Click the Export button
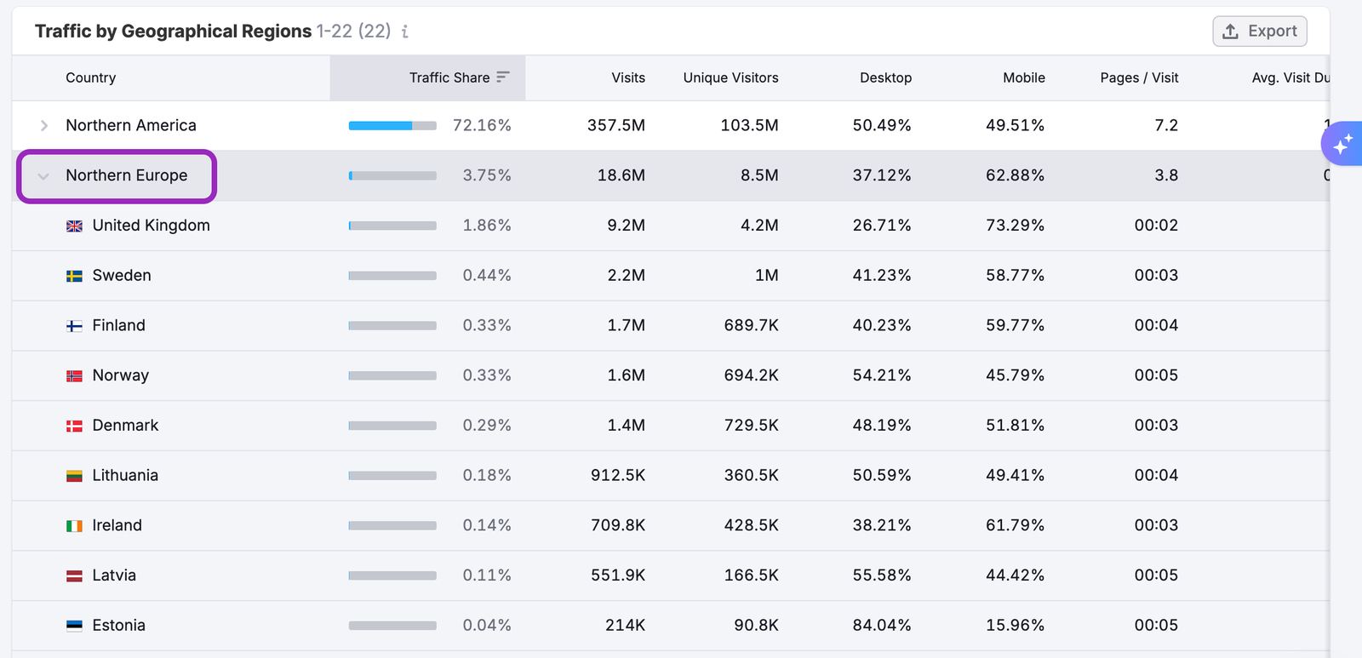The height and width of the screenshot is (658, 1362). [1260, 31]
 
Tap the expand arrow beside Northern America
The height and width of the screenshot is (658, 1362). [44, 126]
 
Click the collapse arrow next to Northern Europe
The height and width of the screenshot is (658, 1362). [43, 176]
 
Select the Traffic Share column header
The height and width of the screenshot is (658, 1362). [449, 77]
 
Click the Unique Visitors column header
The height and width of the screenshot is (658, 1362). [730, 77]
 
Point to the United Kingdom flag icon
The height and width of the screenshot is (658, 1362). [75, 226]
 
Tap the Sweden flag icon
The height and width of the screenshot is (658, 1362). [75, 276]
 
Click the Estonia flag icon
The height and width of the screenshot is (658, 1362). [75, 626]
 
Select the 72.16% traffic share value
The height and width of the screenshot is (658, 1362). [482, 125]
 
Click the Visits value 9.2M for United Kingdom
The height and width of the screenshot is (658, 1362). [626, 226]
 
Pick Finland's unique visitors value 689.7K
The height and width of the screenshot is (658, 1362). [751, 325]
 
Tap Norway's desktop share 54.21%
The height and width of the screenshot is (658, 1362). [882, 375]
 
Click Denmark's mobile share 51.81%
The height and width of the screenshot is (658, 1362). [1015, 426]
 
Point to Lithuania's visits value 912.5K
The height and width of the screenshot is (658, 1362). [618, 475]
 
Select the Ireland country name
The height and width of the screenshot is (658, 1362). [117, 525]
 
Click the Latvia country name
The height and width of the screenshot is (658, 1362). [114, 575]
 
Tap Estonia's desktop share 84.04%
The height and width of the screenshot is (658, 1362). [882, 626]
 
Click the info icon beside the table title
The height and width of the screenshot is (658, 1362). [405, 31]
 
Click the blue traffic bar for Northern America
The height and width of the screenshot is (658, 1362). [381, 126]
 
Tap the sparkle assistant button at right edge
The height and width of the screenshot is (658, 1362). [1342, 144]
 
